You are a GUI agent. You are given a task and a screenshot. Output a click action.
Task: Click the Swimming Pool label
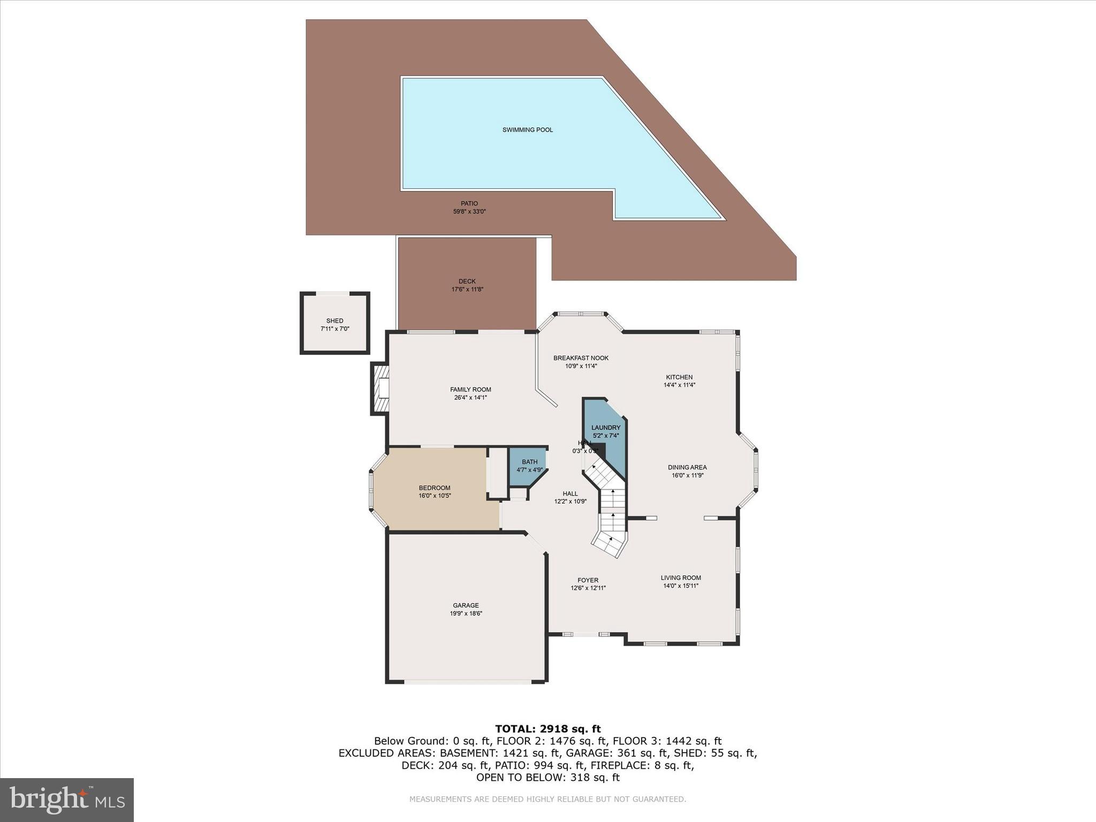[527, 130]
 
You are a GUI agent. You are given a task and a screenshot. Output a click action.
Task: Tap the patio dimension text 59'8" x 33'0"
[469, 211]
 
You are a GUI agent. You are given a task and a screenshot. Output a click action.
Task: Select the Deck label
[467, 281]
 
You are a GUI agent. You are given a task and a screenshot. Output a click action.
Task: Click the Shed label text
[334, 321]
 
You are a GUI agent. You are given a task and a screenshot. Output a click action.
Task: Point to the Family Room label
[470, 390]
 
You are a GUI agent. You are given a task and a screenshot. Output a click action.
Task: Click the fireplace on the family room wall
[380, 389]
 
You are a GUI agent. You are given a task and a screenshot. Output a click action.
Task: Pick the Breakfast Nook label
[581, 358]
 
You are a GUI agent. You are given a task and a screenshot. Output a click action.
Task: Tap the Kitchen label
[679, 377]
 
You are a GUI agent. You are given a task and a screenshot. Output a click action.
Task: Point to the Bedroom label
[434, 488]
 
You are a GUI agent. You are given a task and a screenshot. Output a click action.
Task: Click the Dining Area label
[687, 467]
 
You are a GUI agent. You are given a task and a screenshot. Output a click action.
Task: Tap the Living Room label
[680, 578]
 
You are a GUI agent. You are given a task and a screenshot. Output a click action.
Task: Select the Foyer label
[588, 580]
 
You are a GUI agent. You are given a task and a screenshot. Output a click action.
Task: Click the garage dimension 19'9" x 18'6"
[466, 614]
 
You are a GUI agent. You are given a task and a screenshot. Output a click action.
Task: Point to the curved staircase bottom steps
[609, 543]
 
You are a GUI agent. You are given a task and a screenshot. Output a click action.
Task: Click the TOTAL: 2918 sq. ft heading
[547, 729]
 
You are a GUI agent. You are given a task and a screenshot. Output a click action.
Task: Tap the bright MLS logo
[67, 800]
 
